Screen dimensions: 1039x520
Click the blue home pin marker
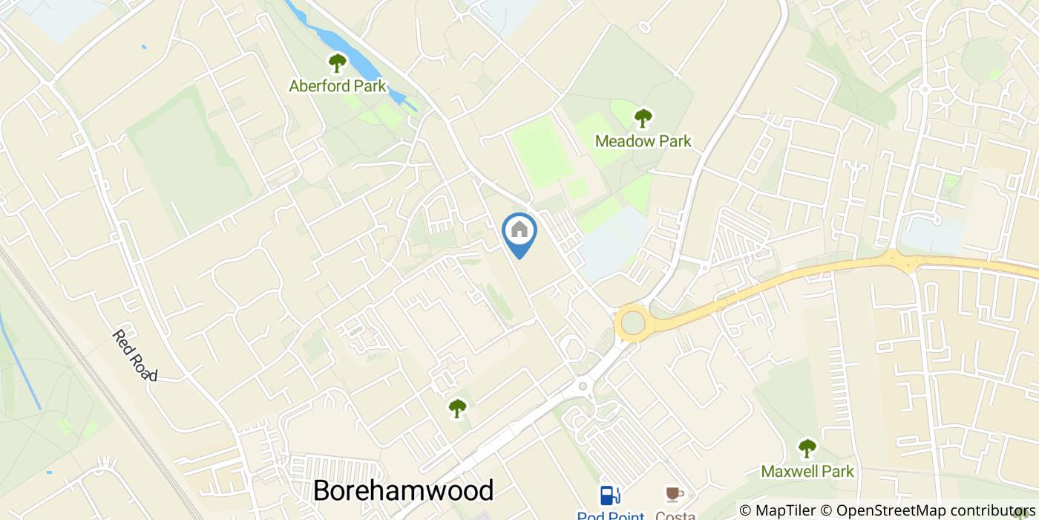coord(519,232)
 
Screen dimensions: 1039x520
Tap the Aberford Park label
coord(338,86)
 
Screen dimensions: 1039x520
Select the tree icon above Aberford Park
coord(338,62)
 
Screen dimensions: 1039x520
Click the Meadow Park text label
coord(643,141)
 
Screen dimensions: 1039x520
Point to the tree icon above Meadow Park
coord(643,117)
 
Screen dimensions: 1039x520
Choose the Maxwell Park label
coord(807,472)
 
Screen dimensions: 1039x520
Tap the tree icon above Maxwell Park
coord(807,448)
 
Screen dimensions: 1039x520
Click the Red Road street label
coord(135,356)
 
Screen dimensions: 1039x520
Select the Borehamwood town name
coord(403,490)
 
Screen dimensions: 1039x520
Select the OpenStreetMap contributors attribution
coord(934,511)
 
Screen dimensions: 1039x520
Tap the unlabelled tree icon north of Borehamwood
coord(457,408)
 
